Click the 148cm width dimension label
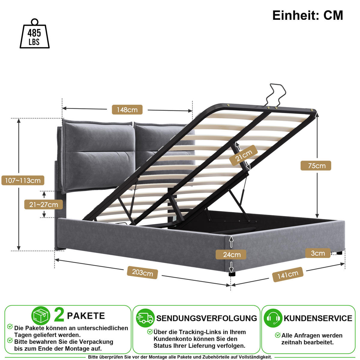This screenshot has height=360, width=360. pyautogui.click(x=127, y=110)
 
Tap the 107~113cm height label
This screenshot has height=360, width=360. pyautogui.click(x=23, y=181)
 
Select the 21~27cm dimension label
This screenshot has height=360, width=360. pyautogui.click(x=43, y=205)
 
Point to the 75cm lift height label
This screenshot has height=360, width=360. pyautogui.click(x=316, y=166)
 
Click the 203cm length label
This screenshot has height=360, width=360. pyautogui.click(x=142, y=273)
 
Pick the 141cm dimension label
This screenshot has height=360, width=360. pyautogui.click(x=288, y=274)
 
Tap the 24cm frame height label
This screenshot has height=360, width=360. pyautogui.click(x=231, y=255)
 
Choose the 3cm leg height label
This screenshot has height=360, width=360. pyautogui.click(x=318, y=253)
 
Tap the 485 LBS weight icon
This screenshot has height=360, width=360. pyautogui.click(x=34, y=34)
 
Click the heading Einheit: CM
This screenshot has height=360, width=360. pyautogui.click(x=308, y=15)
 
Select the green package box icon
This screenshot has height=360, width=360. pyautogui.click(x=41, y=316)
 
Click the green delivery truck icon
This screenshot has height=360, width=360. pyautogui.click(x=145, y=318)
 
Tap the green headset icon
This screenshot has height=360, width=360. pyautogui.click(x=273, y=318)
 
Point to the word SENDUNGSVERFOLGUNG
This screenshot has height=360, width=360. pyautogui.click(x=207, y=318)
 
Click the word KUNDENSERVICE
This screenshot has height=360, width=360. pyautogui.click(x=318, y=318)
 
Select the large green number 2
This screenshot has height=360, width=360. pyautogui.click(x=59, y=315)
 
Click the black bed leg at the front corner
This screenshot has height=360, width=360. pyautogui.click(x=232, y=274)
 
